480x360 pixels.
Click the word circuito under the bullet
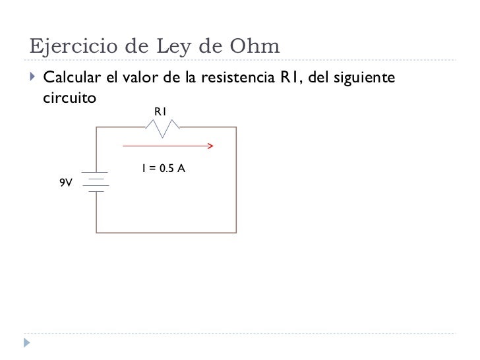(x=69, y=98)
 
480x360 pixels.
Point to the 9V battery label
(x=65, y=183)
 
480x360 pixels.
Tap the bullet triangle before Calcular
(x=33, y=80)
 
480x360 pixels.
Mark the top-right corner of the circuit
(x=235, y=127)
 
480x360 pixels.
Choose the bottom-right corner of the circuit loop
(x=235, y=233)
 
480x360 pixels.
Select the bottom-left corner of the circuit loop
(x=97, y=233)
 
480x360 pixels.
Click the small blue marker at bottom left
(x=26, y=343)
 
